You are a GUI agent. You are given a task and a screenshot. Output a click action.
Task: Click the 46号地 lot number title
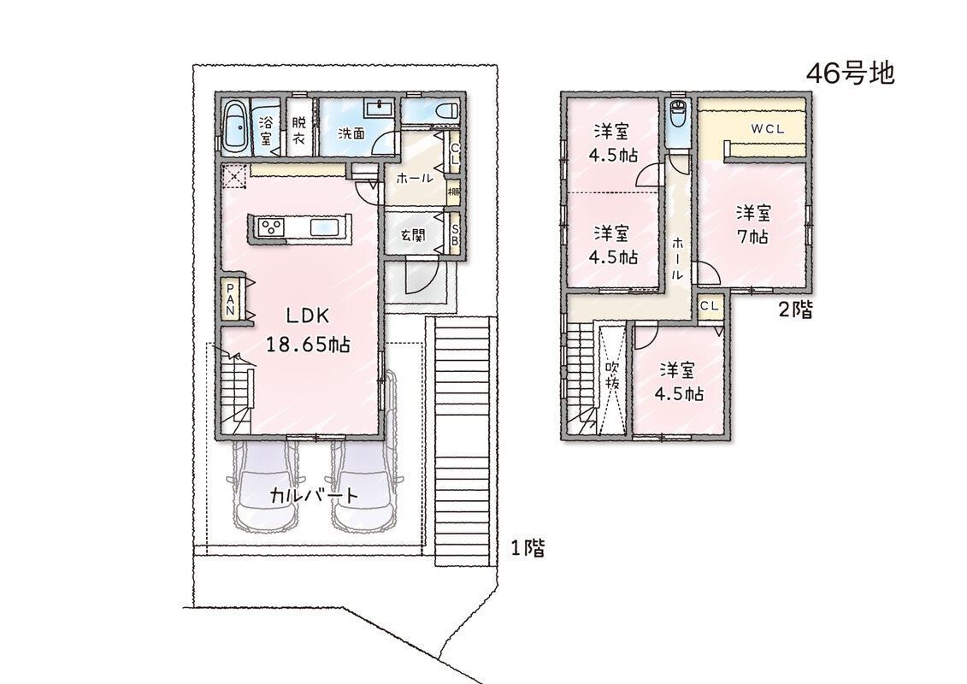coord(851,74)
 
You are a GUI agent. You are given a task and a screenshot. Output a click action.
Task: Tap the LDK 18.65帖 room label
coord(308,330)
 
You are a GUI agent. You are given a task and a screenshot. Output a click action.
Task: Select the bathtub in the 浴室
coord(235,127)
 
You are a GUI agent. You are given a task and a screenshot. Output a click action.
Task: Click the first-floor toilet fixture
coord(445,112)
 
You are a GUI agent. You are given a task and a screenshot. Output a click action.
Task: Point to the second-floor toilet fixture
coord(678,114)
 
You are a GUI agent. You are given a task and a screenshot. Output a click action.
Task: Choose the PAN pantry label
coord(230,299)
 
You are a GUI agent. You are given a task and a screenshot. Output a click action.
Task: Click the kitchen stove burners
coord(271,227)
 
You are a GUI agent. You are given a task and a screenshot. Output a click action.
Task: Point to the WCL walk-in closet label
coord(767,129)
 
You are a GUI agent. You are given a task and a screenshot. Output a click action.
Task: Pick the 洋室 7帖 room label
coord(753,225)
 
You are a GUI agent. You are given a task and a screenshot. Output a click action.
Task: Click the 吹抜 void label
coord(612,374)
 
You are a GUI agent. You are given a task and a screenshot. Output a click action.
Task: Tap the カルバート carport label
coord(314,496)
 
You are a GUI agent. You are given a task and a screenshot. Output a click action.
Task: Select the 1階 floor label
coord(528,548)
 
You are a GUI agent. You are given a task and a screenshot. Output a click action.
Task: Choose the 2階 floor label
coord(795,309)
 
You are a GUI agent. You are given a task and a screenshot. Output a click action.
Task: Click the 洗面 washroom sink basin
coord(380,109)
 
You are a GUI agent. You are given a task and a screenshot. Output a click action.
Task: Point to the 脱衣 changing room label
coord(299,130)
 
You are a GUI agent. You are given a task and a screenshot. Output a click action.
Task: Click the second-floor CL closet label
coord(709,306)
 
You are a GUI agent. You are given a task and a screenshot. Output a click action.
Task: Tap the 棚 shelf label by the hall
coord(454,192)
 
